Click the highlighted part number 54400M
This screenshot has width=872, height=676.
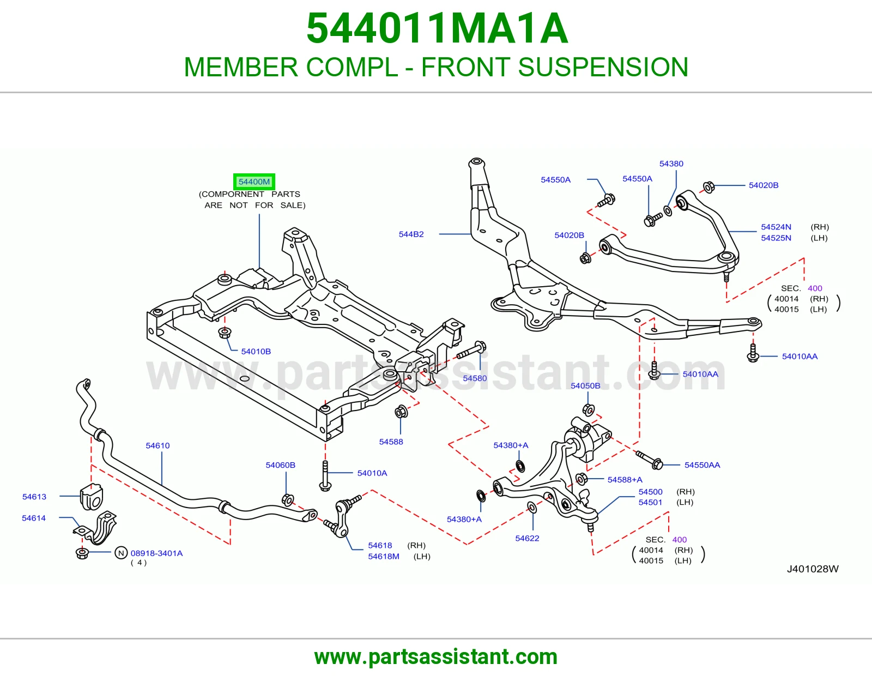pos(254,182)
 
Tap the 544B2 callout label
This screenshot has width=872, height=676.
pos(411,234)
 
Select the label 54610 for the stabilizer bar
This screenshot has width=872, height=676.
pos(158,445)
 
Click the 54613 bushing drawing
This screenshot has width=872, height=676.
pos(92,497)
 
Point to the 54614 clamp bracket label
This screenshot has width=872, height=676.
pos(34,518)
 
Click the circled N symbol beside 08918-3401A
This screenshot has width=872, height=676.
pos(121,553)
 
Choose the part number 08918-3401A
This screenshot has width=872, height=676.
pos(156,553)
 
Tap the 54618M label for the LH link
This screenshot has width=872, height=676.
pos(384,557)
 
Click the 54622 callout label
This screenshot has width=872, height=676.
pos(528,538)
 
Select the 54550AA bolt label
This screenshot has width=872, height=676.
pos(703,465)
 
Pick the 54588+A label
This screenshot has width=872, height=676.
pos(625,480)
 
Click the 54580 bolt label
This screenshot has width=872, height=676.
pos(475,378)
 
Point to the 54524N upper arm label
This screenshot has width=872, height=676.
pos(776,227)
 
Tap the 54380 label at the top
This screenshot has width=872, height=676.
pos(671,164)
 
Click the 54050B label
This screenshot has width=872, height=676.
pos(585,386)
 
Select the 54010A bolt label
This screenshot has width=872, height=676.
pos(372,473)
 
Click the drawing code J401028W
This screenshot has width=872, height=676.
pos(813,569)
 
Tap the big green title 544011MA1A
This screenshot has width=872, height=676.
pos(437,28)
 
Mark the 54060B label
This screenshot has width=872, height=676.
pos(281,465)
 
